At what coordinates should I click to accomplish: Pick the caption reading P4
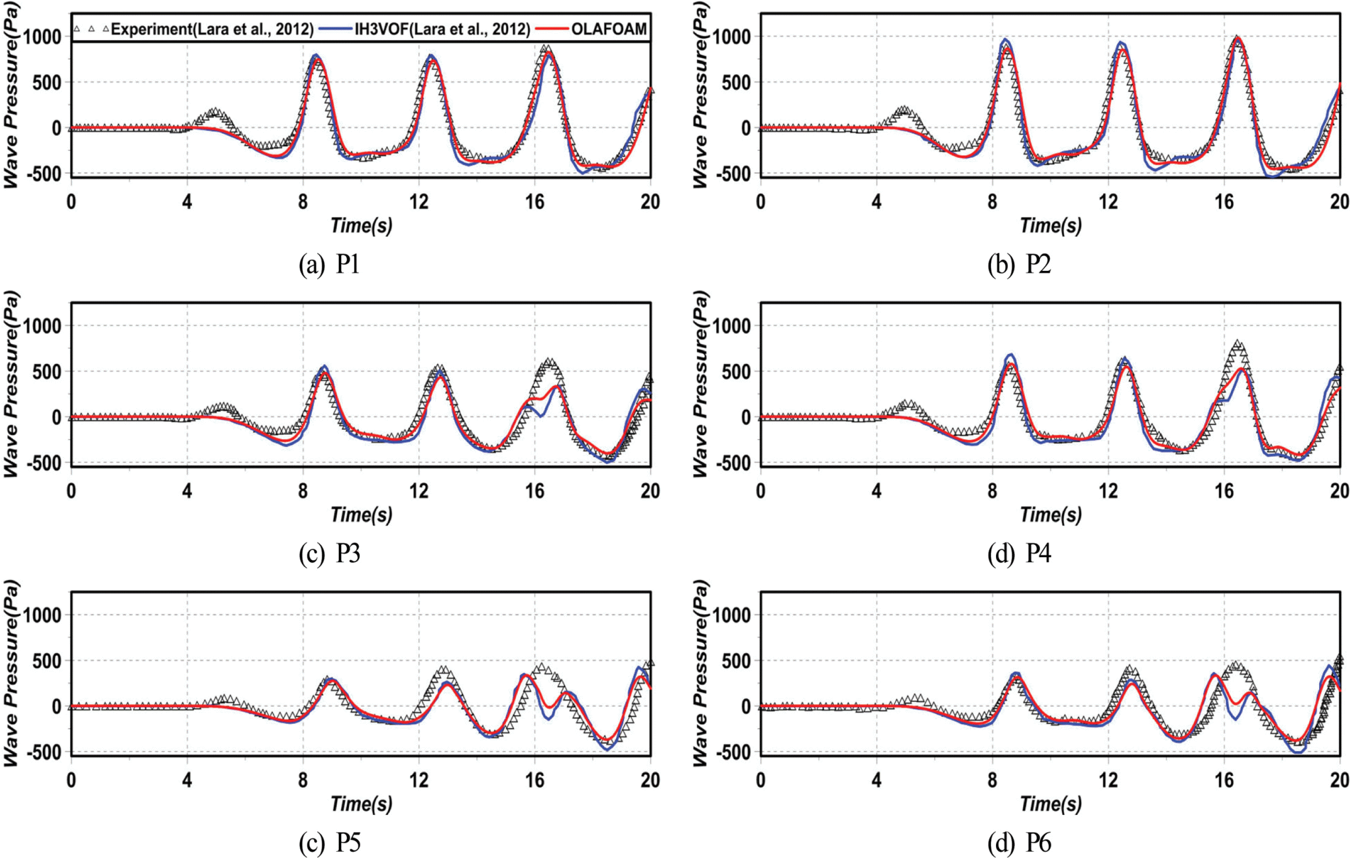(1018, 553)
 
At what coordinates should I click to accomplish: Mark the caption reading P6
(1018, 842)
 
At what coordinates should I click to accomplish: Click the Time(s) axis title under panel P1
(361, 225)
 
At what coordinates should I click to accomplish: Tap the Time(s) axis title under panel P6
(1051, 804)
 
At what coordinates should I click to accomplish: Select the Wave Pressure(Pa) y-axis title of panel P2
(700, 95)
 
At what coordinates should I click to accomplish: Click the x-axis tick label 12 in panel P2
(1109, 202)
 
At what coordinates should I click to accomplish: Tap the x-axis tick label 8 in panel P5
(303, 780)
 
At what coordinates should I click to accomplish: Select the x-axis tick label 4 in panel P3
(187, 491)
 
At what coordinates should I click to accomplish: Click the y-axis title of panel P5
(11, 673)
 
